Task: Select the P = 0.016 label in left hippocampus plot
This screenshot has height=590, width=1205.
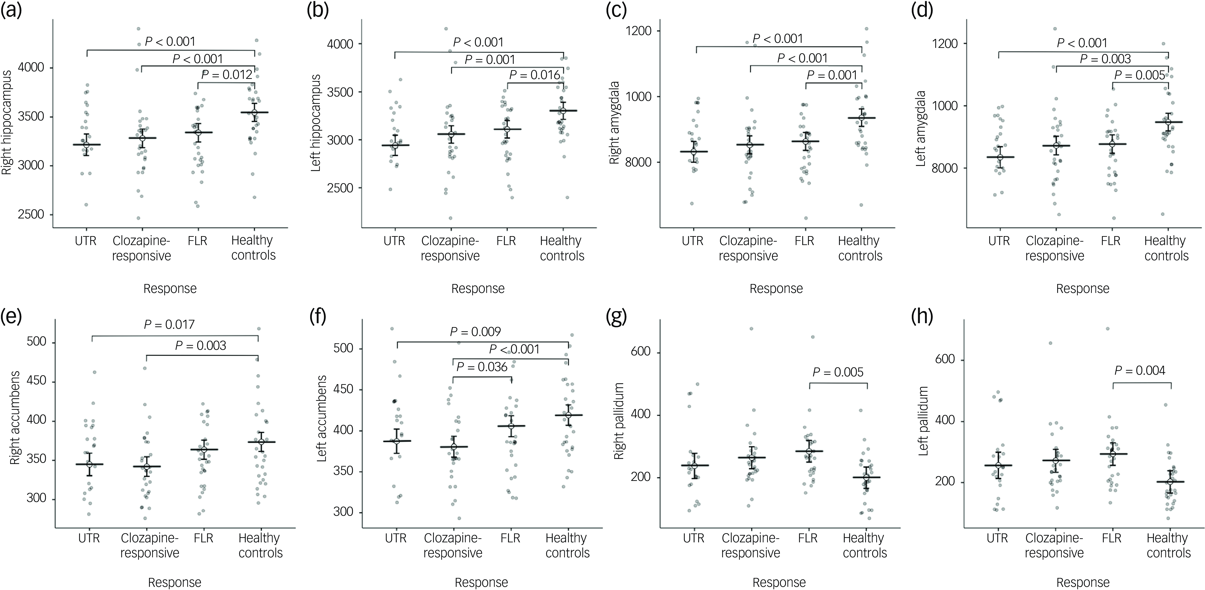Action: [535, 75]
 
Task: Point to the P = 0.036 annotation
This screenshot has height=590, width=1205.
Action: [482, 367]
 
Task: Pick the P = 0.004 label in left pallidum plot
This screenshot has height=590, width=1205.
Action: [1139, 371]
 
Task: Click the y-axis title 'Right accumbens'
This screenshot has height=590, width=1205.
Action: [15, 418]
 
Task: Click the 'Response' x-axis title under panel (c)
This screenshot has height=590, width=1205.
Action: [776, 289]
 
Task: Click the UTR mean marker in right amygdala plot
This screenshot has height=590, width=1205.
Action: [693, 152]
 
